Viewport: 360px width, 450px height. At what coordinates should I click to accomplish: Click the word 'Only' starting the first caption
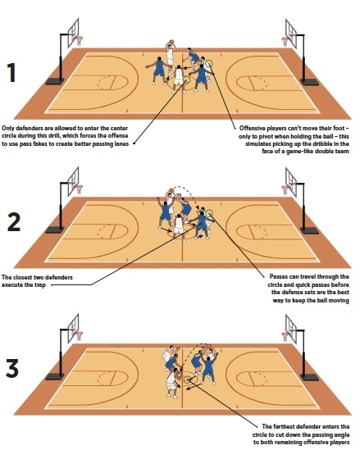[8, 128]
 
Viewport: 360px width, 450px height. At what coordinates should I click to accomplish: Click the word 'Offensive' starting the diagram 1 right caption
[255, 128]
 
